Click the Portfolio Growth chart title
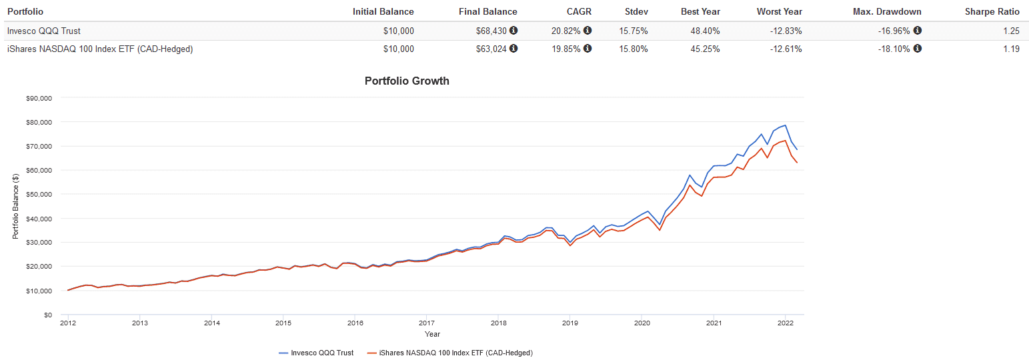(x=407, y=81)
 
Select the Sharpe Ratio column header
(x=992, y=11)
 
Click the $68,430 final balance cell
(x=492, y=31)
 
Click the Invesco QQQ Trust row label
(x=43, y=31)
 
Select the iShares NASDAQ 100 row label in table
(x=99, y=49)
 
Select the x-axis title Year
(x=432, y=334)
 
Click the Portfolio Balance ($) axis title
(x=15, y=206)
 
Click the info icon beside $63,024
(x=513, y=49)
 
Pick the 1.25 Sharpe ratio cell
(x=1011, y=31)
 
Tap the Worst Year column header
(x=779, y=11)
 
